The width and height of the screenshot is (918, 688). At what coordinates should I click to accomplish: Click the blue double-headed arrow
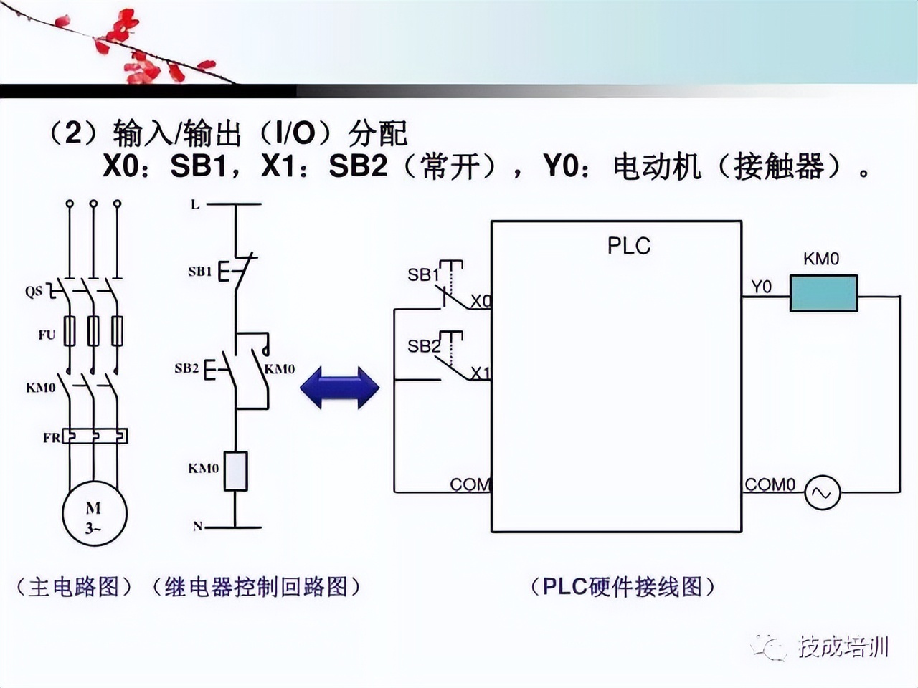point(339,388)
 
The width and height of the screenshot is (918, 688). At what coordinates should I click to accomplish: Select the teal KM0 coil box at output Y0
point(823,293)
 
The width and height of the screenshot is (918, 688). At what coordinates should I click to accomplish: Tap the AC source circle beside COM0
point(821,492)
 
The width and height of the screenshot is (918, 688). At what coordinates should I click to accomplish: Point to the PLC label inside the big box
point(628,246)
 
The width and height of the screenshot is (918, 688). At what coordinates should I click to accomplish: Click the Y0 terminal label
point(761,287)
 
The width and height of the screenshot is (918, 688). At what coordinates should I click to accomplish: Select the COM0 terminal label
point(770,484)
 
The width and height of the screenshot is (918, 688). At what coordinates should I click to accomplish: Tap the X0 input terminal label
point(481,301)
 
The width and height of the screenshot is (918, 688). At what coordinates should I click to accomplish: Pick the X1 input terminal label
point(481,373)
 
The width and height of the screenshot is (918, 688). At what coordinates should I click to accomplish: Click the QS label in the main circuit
point(34,292)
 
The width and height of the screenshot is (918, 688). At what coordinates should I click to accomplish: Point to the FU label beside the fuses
point(47,335)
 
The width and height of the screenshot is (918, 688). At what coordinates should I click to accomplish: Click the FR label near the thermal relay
point(52,437)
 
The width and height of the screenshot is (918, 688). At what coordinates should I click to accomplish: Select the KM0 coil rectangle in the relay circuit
point(235,471)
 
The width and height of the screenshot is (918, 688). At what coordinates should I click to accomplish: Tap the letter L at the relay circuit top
point(194,205)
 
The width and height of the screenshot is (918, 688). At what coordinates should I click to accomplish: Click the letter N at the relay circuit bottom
point(197,527)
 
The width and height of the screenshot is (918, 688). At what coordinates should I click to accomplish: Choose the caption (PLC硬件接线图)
point(623,587)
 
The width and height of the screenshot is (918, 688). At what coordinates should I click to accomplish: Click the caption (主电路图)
point(74,587)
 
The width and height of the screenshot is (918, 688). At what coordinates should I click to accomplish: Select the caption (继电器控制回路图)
point(256,587)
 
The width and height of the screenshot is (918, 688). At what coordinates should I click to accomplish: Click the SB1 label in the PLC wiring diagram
point(423,274)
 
